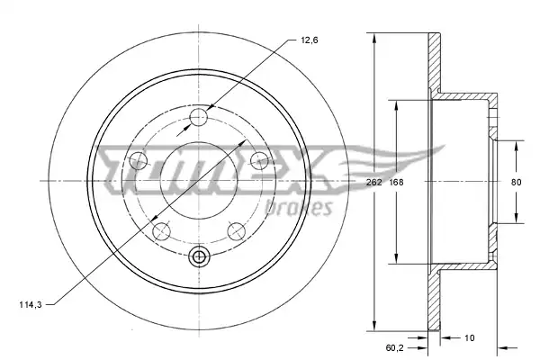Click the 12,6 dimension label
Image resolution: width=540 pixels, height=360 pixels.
(x=310, y=40)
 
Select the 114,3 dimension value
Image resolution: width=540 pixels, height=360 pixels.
(x=31, y=304)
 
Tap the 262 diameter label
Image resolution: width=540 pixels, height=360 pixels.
(x=374, y=182)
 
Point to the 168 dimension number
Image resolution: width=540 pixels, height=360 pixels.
(x=396, y=182)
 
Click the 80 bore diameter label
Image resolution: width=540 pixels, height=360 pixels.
(x=516, y=182)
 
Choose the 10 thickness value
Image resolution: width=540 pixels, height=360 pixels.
(x=470, y=338)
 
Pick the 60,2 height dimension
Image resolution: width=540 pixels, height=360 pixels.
(x=395, y=348)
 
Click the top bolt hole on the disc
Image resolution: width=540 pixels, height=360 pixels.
(x=199, y=117)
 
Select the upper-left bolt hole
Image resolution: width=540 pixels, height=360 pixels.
(x=139, y=160)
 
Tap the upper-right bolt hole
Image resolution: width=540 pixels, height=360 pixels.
(x=259, y=160)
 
